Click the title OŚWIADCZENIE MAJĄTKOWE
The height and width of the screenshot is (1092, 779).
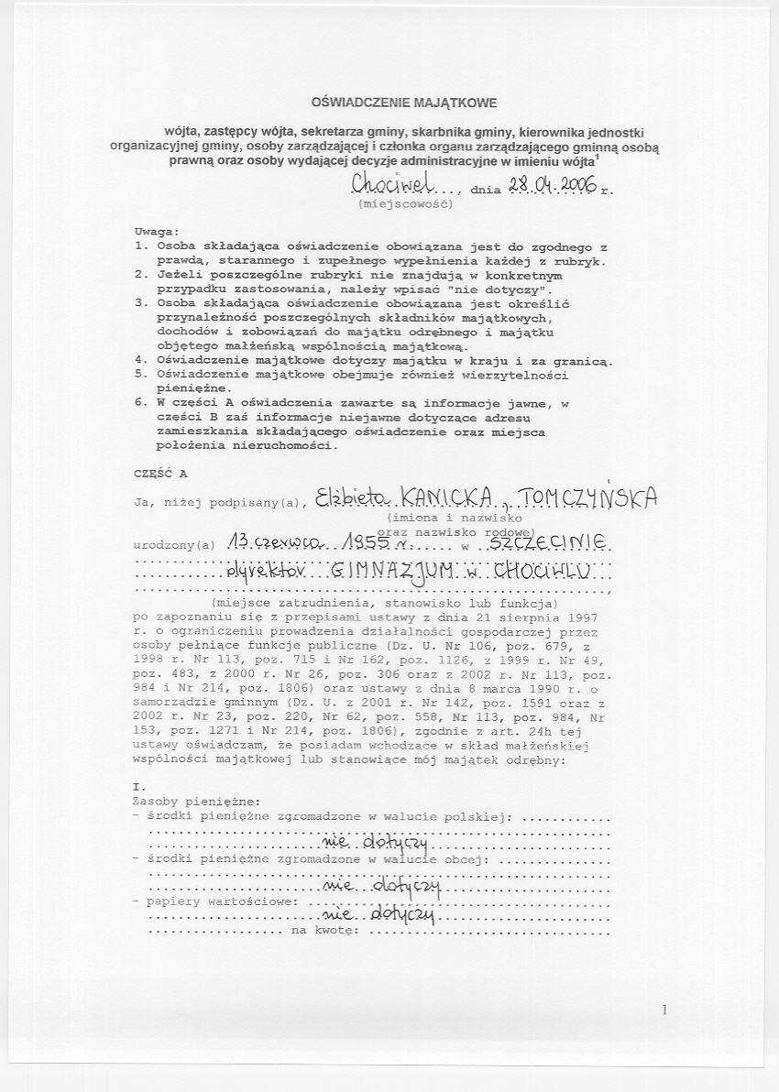[x=404, y=104]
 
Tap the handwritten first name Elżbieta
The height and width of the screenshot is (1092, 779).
[x=351, y=497]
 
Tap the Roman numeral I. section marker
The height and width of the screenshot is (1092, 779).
[x=139, y=787]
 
